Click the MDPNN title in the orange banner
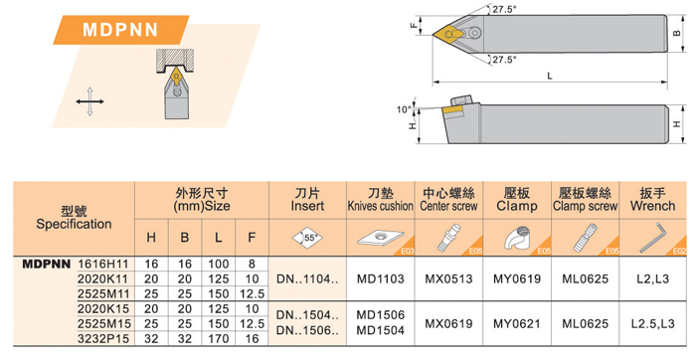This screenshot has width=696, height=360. pos(120,30)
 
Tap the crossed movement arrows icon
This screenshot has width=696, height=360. pos(89,101)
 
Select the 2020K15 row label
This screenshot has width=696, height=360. pos(102,309)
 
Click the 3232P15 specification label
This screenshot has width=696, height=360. pos(103,339)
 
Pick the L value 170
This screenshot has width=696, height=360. pos(218,339)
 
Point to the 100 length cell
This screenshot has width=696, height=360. pos(218,265)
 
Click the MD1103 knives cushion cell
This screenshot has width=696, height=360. pos(381,279)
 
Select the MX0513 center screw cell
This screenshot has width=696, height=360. pos(448,279)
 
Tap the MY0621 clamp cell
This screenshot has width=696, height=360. pos(517,324)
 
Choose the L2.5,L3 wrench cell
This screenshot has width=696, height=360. pos(652,324)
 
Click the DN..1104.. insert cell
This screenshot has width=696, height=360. pos(307,279)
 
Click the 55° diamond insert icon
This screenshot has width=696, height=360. pos(307,237)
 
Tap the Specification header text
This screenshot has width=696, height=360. pos(74,224)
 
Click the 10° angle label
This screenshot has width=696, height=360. pos(404,109)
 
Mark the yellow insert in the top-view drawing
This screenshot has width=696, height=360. pos(448,33)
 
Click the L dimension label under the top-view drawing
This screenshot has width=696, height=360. pos(550,76)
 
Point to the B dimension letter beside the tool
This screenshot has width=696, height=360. pos(677,33)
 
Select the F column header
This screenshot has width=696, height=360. pos(252,238)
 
